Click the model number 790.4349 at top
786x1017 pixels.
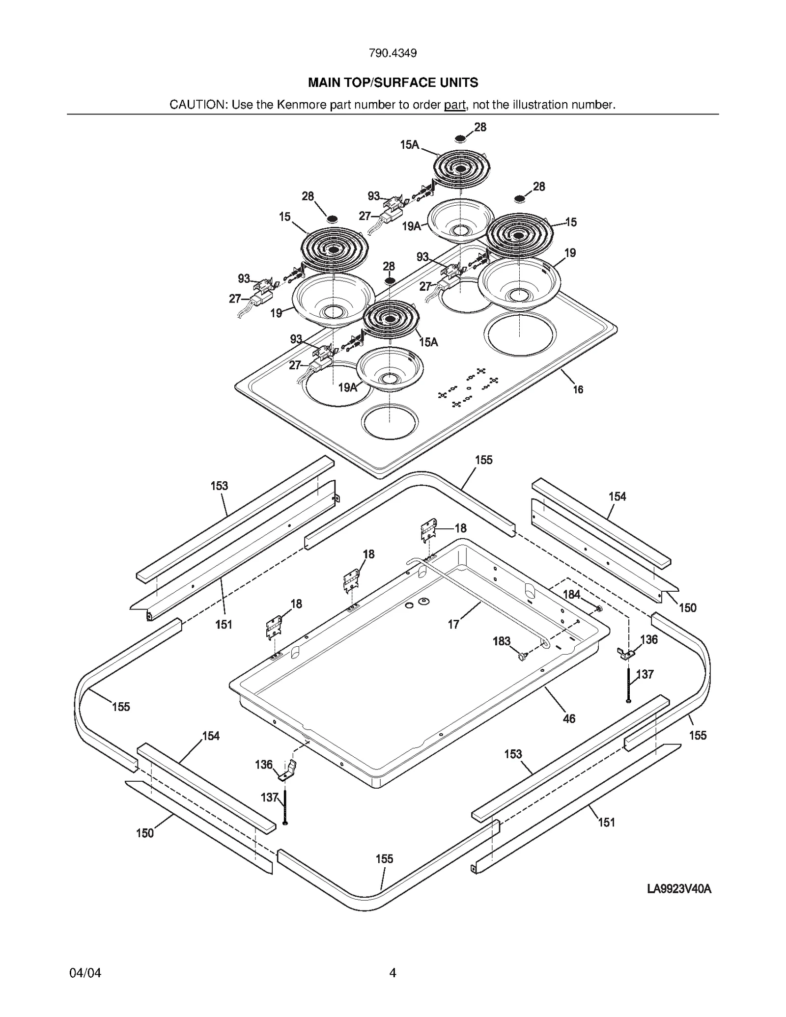(393, 53)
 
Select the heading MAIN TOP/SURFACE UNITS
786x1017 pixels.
(393, 82)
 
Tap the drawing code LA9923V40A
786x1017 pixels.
(679, 889)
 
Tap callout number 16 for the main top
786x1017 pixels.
(578, 389)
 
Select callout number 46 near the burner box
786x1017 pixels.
(568, 718)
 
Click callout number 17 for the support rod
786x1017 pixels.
(453, 624)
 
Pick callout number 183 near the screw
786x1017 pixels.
(501, 641)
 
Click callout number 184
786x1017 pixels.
(571, 594)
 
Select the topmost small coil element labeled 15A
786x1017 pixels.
(461, 168)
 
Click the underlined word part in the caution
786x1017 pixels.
(454, 105)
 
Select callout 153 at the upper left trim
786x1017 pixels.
(219, 486)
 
